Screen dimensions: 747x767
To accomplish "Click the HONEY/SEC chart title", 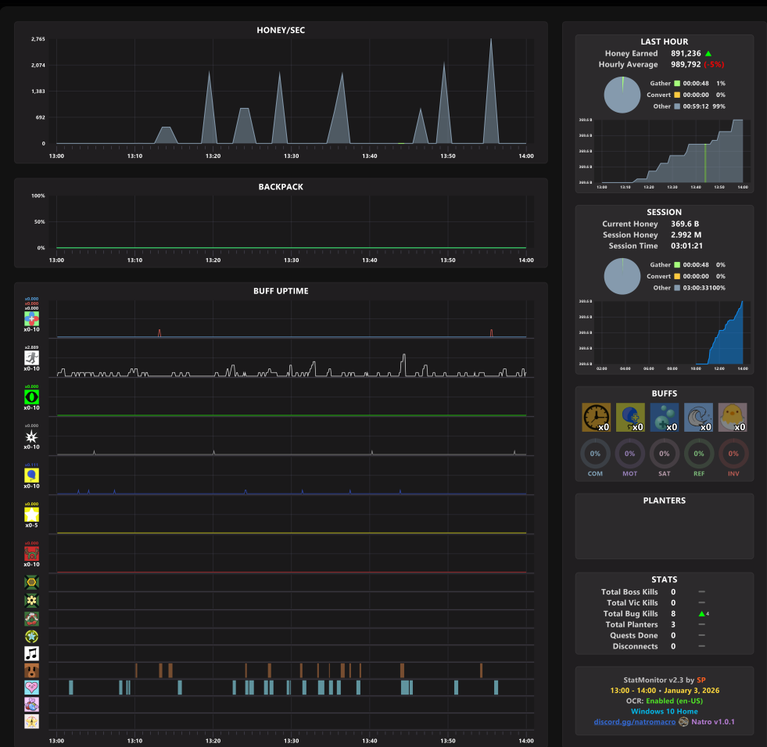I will tap(281, 31).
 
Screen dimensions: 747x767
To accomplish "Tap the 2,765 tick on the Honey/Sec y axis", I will tap(38, 39).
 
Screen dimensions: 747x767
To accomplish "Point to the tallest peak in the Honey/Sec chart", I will tap(491, 40).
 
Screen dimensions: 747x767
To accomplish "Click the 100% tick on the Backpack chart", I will tap(38, 196).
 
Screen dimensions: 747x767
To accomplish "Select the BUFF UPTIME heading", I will tap(281, 291).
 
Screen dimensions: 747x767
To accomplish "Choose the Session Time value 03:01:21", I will tap(686, 246).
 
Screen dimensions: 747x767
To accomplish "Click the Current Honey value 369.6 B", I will tap(686, 224).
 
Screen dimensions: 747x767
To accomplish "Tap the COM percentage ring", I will tap(595, 454).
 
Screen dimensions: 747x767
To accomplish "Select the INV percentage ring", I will tap(733, 454).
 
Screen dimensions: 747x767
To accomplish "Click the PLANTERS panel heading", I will tap(664, 501).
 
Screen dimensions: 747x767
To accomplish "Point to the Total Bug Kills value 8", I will tap(673, 614).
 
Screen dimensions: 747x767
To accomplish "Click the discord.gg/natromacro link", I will tap(634, 722).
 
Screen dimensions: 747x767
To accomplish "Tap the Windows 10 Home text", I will tap(664, 711).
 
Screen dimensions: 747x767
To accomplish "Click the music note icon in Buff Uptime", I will tap(31, 653).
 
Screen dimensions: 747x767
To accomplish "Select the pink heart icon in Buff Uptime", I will tap(31, 688).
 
